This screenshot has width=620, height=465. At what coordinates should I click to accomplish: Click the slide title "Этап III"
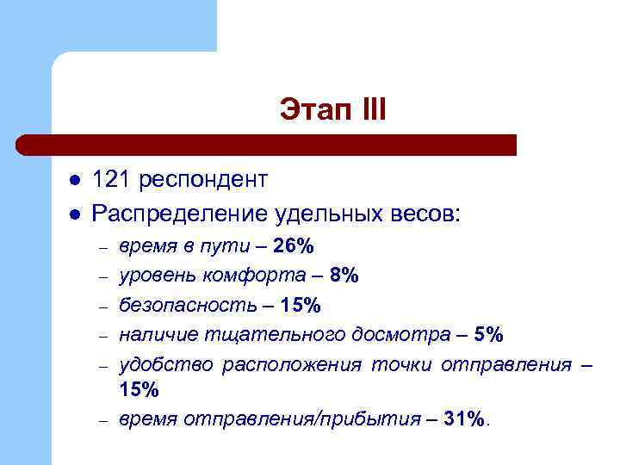pyautogui.click(x=333, y=109)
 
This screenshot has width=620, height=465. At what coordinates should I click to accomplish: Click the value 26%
pyautogui.click(x=294, y=246)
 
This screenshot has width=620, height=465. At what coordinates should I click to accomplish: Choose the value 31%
pyautogui.click(x=467, y=419)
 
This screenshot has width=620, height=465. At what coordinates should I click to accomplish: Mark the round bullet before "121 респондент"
pyautogui.click(x=75, y=180)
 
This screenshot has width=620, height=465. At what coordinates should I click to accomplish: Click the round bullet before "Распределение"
pyautogui.click(x=75, y=212)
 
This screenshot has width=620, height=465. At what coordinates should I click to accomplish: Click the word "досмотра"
pyautogui.click(x=412, y=334)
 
